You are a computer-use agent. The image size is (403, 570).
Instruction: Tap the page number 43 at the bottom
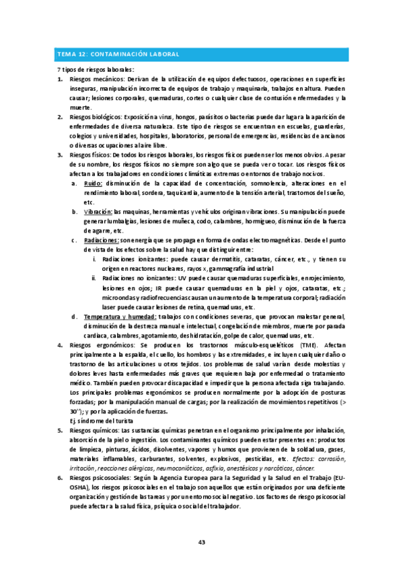[x=201, y=542]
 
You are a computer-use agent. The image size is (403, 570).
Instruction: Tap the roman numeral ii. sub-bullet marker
[x=94, y=278]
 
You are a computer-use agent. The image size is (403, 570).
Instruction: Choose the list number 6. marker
[x=60, y=477]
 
